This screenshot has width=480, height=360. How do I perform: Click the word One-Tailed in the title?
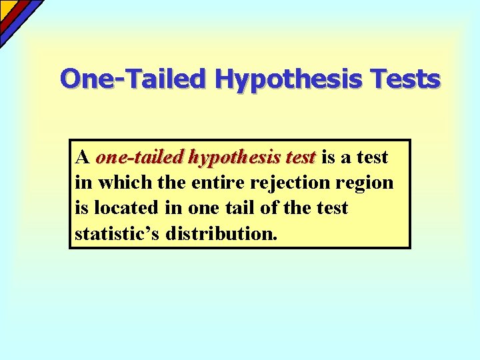pyautogui.click(x=133, y=79)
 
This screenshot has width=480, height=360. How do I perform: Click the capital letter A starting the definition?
pyautogui.click(x=83, y=158)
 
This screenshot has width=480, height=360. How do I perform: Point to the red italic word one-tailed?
pyautogui.click(x=139, y=158)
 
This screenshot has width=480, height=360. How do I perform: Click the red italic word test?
pyautogui.click(x=299, y=158)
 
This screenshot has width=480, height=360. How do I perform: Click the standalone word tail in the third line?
pyautogui.click(x=233, y=208)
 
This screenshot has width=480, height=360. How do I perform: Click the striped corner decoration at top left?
pyautogui.click(x=17, y=17)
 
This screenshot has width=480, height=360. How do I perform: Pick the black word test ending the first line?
pyautogui.click(x=372, y=158)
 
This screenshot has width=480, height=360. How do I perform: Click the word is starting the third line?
pyautogui.click(x=82, y=208)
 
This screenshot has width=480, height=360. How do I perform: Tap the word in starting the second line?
pyautogui.click(x=83, y=183)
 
